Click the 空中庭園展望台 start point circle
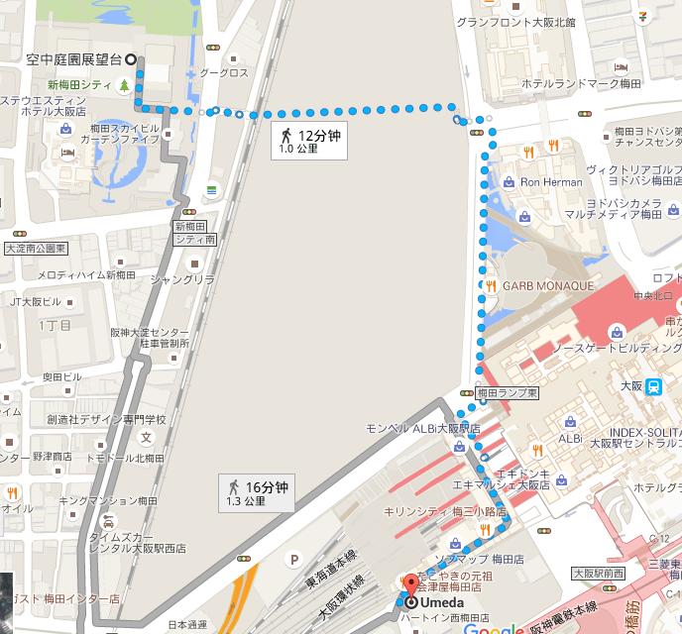[132, 59]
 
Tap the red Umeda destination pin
[411, 586]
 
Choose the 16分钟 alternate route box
[257, 492]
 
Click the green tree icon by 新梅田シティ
[123, 85]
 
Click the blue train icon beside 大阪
[652, 388]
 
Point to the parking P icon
[294, 560]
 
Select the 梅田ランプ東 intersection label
[507, 393]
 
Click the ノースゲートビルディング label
[615, 349]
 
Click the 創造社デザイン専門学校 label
[106, 420]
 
